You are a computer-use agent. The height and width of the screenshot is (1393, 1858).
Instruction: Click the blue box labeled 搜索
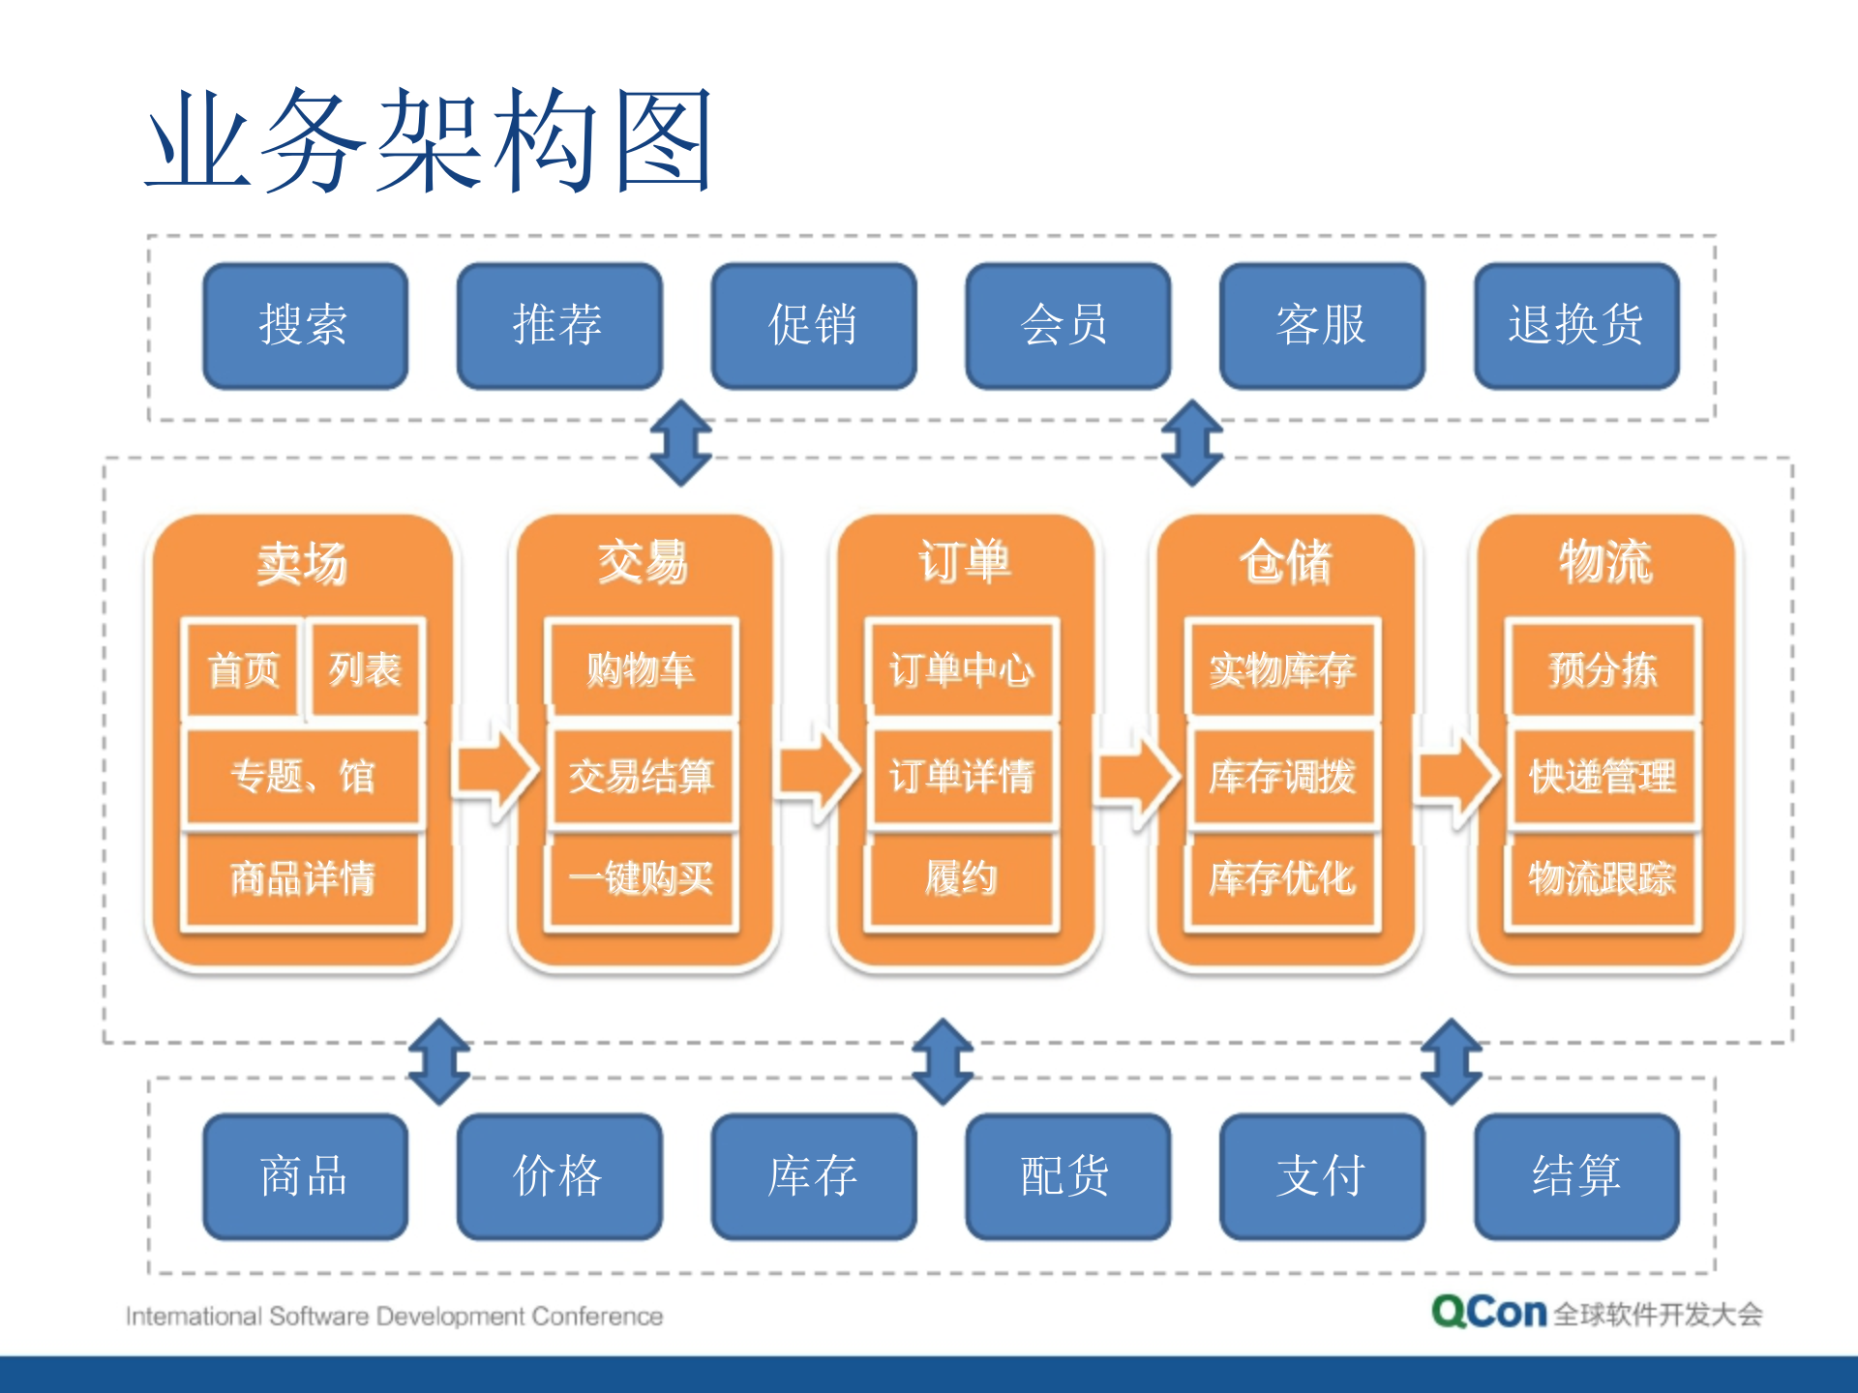click(305, 325)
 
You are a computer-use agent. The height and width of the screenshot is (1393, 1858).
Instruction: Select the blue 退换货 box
click(1575, 325)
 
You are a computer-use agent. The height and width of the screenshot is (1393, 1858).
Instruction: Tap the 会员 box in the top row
click(1066, 325)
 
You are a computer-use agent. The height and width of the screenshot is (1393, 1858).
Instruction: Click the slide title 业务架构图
click(430, 140)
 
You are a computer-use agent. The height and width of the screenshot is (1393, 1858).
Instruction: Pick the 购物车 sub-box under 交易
click(642, 669)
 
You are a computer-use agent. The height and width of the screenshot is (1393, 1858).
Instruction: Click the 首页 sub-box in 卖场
click(243, 669)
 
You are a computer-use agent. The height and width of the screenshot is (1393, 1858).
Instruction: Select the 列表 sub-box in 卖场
click(365, 669)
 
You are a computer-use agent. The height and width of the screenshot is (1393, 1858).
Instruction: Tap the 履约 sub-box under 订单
click(961, 878)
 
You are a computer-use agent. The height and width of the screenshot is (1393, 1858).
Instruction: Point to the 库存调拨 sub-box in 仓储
click(1282, 776)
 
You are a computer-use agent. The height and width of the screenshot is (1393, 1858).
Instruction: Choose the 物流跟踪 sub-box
click(1603, 878)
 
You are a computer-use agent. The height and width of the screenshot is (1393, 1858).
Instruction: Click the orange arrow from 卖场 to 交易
click(495, 772)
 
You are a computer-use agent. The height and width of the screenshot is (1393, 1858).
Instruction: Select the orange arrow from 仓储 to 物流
click(1455, 772)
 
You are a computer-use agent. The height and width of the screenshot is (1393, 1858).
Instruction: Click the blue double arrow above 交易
click(680, 443)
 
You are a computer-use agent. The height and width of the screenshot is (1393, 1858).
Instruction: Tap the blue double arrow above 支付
click(1451, 1061)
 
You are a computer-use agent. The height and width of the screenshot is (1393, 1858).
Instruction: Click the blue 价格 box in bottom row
click(558, 1176)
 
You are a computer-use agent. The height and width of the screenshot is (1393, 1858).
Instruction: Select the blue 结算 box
click(1575, 1176)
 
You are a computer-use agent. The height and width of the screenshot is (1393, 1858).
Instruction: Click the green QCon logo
click(1488, 1312)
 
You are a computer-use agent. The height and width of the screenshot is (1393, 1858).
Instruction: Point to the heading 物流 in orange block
click(1604, 561)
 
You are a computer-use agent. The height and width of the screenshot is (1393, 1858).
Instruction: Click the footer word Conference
click(597, 1317)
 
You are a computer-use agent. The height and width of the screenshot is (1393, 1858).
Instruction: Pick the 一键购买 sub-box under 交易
click(642, 878)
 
